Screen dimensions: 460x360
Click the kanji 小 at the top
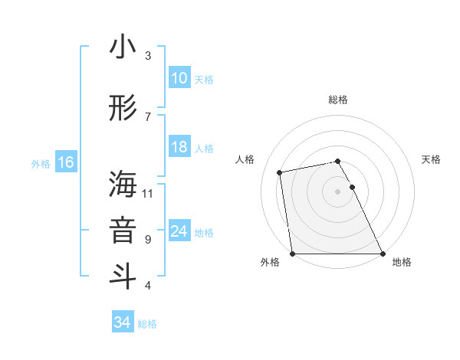123,47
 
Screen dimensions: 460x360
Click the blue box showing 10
179,78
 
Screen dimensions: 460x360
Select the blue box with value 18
179,147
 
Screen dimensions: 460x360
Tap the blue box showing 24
179,231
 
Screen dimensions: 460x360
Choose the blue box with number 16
65,162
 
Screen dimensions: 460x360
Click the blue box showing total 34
123,322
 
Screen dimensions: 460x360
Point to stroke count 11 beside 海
148,193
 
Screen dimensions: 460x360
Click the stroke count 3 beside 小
148,55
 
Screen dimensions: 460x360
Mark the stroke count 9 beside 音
148,239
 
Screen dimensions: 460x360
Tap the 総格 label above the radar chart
338,100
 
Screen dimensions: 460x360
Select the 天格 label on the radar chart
431,159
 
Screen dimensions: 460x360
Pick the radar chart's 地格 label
402,262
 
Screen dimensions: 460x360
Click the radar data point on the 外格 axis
292,254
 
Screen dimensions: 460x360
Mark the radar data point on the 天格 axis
352,187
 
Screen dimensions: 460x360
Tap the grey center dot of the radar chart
338,191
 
